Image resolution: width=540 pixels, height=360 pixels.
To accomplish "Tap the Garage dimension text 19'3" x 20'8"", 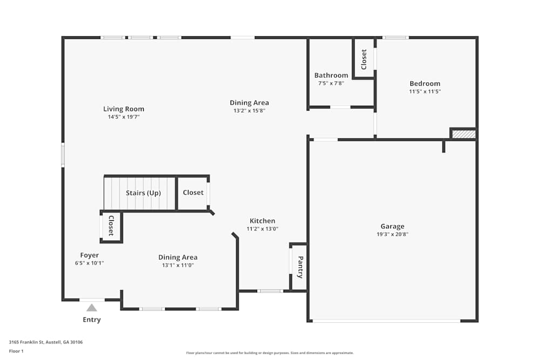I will point(392,235).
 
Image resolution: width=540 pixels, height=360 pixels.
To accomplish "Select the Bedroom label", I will point(424,84).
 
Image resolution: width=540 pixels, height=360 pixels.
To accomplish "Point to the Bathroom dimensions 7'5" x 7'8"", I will point(331,84).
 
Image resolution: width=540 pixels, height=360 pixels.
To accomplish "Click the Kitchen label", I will point(262,221).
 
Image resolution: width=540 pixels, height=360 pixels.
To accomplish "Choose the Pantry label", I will point(300,267).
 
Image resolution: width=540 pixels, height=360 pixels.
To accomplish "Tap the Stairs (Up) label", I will point(143,193).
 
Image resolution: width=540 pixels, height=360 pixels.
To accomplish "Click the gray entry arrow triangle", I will point(92,308).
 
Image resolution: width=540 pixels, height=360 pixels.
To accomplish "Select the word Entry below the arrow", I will point(92,320).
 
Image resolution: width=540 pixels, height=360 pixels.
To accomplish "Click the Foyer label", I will point(89,255).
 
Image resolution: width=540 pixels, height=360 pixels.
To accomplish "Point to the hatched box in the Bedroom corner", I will point(463,134).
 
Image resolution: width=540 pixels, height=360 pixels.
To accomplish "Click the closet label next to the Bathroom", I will point(364,59).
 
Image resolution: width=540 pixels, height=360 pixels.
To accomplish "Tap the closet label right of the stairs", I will point(193,193).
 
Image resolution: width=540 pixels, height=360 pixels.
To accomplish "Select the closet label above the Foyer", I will point(111,226).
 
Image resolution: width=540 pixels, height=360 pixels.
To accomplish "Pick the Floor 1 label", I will point(16,351).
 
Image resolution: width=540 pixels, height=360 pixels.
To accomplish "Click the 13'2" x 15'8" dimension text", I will point(249,111).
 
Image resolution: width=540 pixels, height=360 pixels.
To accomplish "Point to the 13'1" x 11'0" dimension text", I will point(178,265).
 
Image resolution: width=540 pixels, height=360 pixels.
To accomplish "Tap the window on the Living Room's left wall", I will point(63,154).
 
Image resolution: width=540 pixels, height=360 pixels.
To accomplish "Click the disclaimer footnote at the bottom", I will point(270,353).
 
